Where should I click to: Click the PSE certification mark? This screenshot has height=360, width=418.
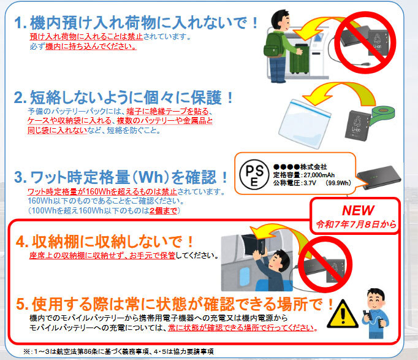(254, 175)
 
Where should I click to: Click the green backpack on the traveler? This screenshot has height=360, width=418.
(274, 45)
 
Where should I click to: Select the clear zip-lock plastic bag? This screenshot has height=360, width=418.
(305, 124)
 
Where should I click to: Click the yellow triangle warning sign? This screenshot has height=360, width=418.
(343, 314)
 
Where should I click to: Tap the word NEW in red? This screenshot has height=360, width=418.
(358, 210)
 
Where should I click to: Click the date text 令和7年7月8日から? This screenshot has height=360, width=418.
(356, 224)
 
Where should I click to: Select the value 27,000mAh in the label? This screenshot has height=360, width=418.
(319, 175)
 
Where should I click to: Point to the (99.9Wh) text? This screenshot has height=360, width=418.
(338, 183)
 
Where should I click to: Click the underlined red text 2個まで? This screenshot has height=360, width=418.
(164, 211)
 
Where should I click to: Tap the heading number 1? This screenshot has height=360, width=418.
(20, 23)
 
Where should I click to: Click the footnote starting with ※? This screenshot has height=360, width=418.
(119, 351)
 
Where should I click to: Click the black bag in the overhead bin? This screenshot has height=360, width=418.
(253, 245)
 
